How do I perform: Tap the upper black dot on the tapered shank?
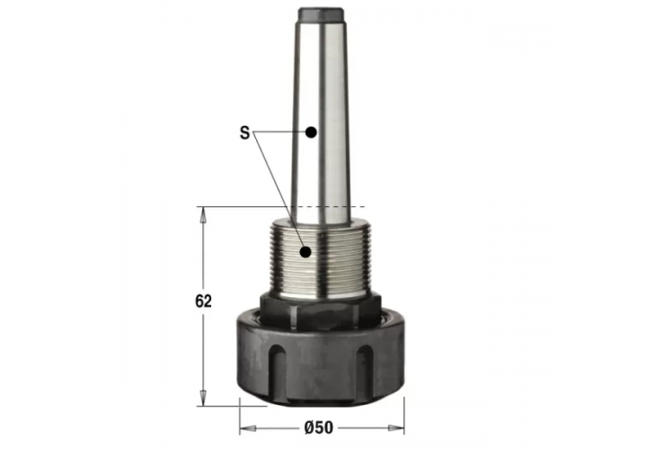(x=311, y=132)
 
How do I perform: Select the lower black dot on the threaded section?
(x=308, y=251)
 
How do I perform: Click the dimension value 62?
(x=203, y=302)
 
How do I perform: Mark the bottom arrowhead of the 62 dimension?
(x=204, y=398)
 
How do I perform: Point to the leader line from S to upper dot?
(x=280, y=132)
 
